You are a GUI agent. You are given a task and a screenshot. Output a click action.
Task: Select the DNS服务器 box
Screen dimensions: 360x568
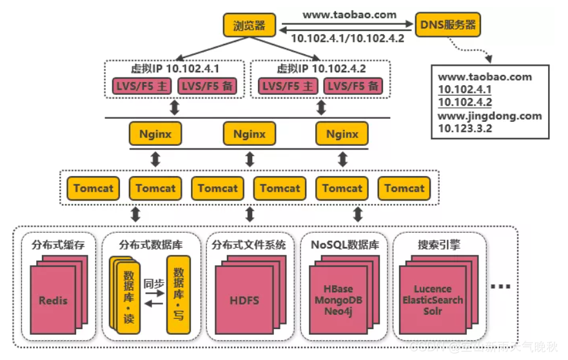coord(447,25)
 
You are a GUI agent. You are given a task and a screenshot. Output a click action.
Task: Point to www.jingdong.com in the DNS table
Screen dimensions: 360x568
coord(490,116)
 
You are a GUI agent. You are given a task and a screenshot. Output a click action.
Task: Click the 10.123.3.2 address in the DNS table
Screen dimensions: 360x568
coord(465,128)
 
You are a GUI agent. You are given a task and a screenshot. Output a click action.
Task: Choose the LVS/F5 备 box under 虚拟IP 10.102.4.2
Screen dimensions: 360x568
coord(353,86)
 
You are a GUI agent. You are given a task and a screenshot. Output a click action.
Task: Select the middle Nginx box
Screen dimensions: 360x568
coord(249,134)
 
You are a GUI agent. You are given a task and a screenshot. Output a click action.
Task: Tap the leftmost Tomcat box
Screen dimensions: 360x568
coord(93,188)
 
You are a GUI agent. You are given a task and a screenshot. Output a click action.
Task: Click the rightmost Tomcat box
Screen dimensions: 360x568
coord(404,188)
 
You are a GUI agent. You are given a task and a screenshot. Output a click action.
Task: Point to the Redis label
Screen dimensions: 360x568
coord(53,300)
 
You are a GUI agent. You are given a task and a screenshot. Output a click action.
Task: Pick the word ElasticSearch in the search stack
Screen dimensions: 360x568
coord(433,300)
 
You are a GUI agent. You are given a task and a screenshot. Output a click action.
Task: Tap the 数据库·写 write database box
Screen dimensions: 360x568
coord(179,294)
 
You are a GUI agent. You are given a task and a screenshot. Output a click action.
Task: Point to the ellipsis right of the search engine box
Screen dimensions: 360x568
coord(500,286)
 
